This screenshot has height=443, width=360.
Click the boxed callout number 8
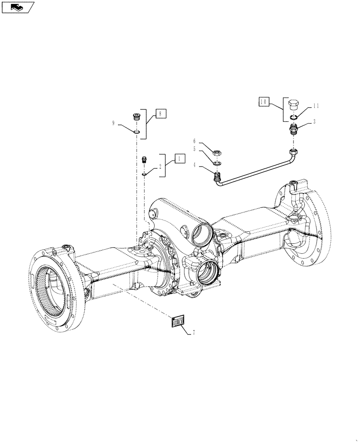pyautogui.click(x=160, y=114)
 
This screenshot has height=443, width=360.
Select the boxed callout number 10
pyautogui.click(x=264, y=102)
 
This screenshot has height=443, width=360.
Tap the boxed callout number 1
pyautogui.click(x=180, y=158)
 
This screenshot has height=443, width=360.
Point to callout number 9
pyautogui.click(x=113, y=124)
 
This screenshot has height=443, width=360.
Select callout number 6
pyautogui.click(x=194, y=141)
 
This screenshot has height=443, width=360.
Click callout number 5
pyautogui.click(x=194, y=149)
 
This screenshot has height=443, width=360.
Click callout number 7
pyautogui.click(x=193, y=332)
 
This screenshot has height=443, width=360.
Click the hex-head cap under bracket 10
pyautogui.click(x=293, y=105)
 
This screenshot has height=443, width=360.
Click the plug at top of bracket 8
pyautogui.click(x=137, y=117)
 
